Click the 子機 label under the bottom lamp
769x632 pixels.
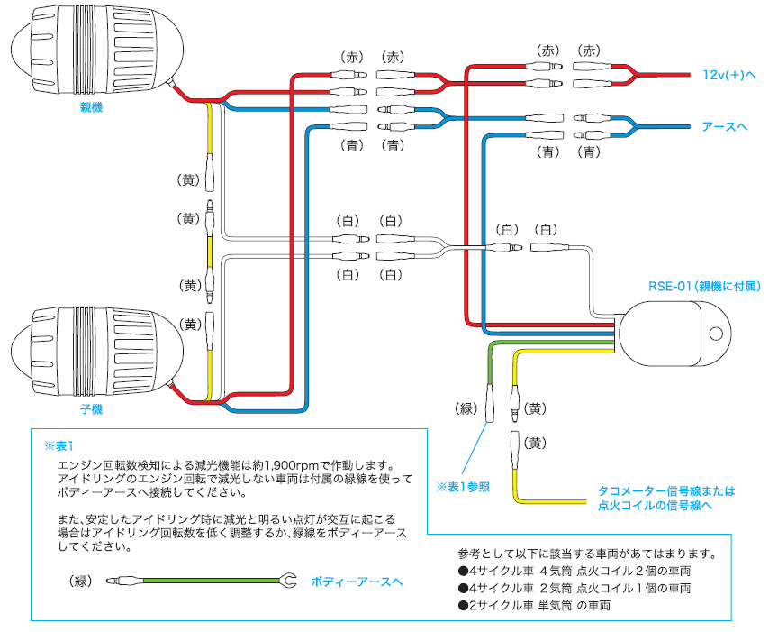pos(92,409)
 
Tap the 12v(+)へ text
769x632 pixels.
pos(730,76)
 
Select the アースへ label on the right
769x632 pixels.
pos(725,127)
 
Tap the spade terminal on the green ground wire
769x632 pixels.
pos(288,582)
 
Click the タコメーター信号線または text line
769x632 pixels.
pos(666,491)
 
